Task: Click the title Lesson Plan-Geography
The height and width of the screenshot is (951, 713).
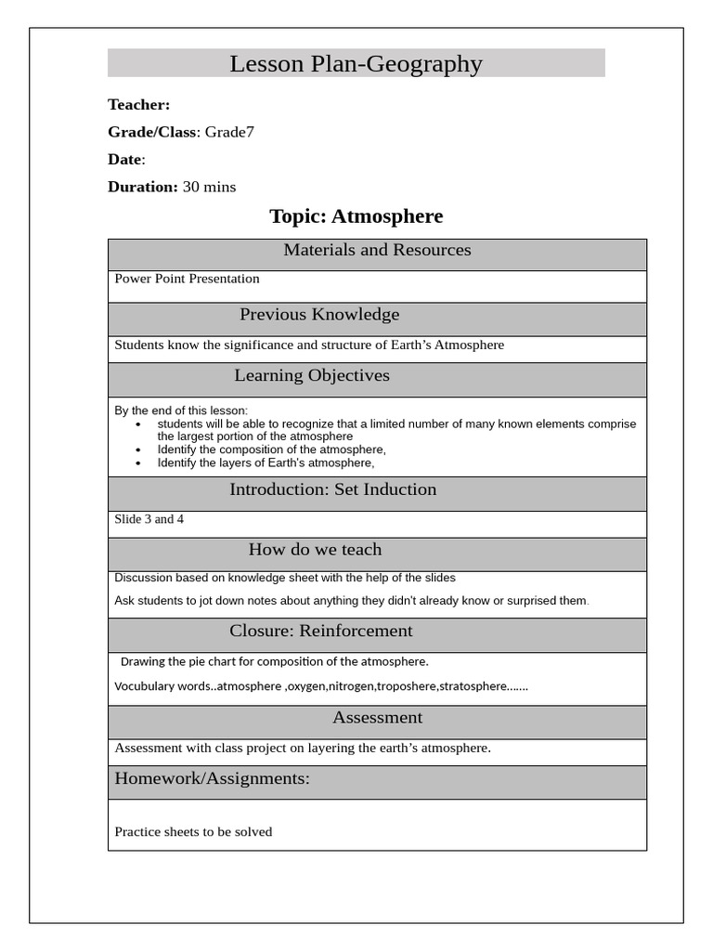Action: (x=356, y=64)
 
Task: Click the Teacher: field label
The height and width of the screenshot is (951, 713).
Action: (x=138, y=105)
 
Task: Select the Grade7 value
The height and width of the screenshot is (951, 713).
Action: (x=229, y=132)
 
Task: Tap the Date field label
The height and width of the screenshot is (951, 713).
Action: (x=124, y=160)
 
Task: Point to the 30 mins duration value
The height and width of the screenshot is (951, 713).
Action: (x=209, y=187)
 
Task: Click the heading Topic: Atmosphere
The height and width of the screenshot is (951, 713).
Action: (x=356, y=216)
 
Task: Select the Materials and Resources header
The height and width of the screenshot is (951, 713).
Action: (x=377, y=250)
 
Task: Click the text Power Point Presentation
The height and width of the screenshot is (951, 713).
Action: (x=187, y=279)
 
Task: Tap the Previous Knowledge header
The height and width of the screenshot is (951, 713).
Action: (x=319, y=315)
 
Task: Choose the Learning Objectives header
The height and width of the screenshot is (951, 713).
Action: (x=312, y=376)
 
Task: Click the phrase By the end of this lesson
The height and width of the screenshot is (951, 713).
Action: (x=181, y=410)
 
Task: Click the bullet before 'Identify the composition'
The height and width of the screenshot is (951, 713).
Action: (x=138, y=450)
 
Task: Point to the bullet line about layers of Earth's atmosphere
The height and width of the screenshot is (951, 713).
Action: (x=266, y=462)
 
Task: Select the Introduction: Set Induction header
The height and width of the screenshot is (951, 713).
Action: (x=332, y=489)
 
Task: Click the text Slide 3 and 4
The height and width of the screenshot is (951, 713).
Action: (x=149, y=519)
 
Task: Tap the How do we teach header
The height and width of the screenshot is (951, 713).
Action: (x=315, y=550)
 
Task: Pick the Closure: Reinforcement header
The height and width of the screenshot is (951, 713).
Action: (x=320, y=632)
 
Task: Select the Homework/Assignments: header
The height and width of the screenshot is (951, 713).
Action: (x=212, y=778)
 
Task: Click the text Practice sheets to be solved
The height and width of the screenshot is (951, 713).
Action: (x=193, y=832)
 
